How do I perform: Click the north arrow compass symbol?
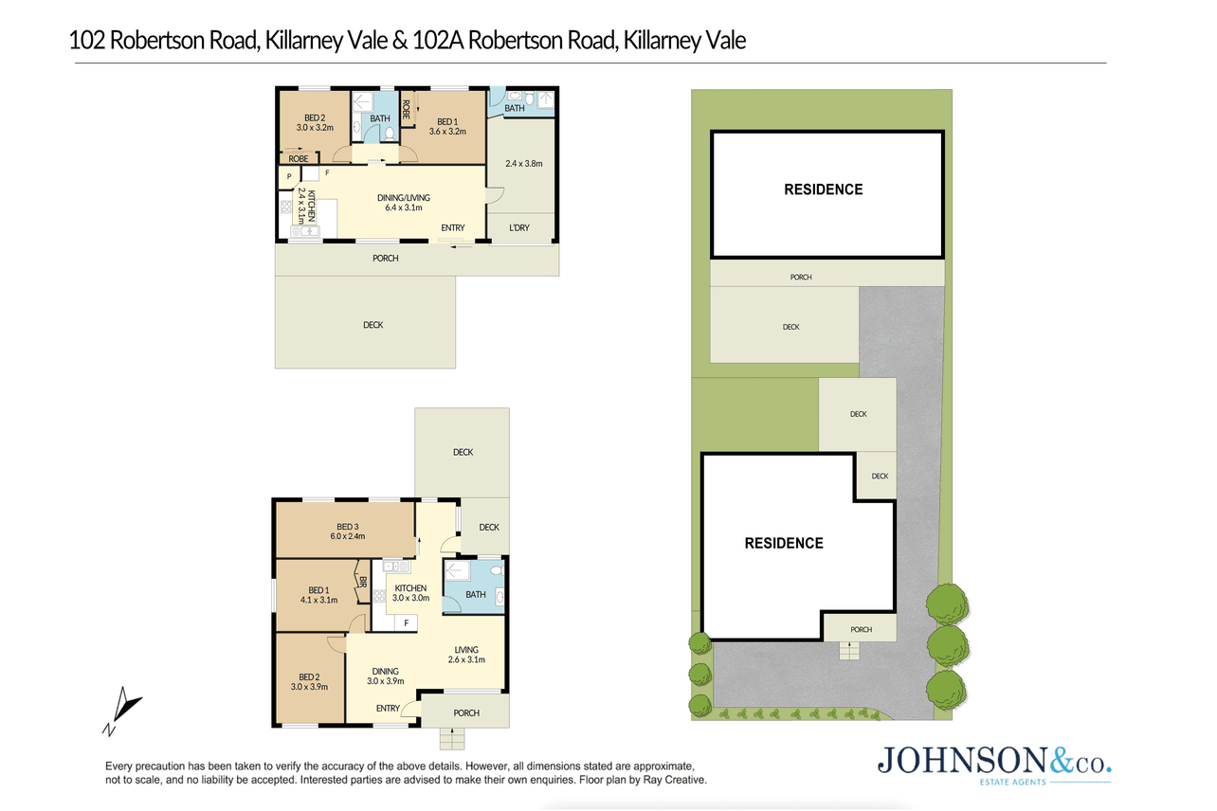[121, 711]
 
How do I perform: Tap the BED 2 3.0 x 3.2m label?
[315, 123]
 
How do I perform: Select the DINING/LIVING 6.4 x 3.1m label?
[404, 203]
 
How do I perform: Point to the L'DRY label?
[518, 227]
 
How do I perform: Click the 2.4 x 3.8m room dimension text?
[524, 163]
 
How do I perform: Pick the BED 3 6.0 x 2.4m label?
[348, 532]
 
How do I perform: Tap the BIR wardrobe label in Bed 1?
[363, 582]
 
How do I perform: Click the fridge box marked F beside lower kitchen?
[406, 623]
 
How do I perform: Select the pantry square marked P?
[289, 176]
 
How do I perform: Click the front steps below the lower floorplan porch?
[452, 739]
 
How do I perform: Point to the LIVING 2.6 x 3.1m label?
[466, 655]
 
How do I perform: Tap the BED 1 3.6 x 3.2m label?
[447, 127]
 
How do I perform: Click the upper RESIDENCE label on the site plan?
[823, 189]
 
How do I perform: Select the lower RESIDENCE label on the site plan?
[784, 543]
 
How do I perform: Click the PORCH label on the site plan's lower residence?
[862, 630]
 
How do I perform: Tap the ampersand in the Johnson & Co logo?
[1061, 761]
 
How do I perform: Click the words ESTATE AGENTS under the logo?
[1012, 783]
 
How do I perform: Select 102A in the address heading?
[438, 40]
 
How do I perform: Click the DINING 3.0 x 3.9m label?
[385, 676]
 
